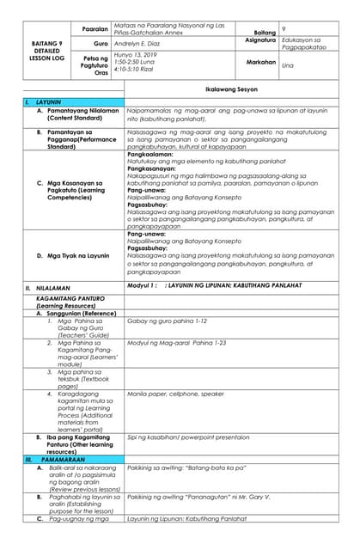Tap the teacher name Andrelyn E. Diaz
coord(143,42)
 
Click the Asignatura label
coord(259,40)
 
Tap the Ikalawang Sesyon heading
coord(230,88)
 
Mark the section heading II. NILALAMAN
coord(40,287)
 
